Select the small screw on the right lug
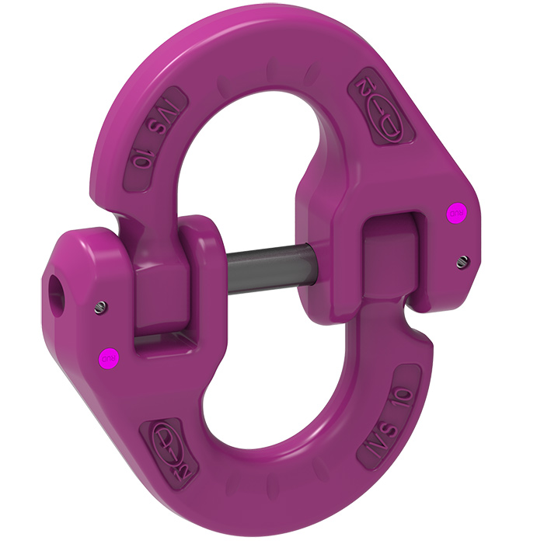tap(463, 260)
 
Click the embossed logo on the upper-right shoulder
tap(382, 102)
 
